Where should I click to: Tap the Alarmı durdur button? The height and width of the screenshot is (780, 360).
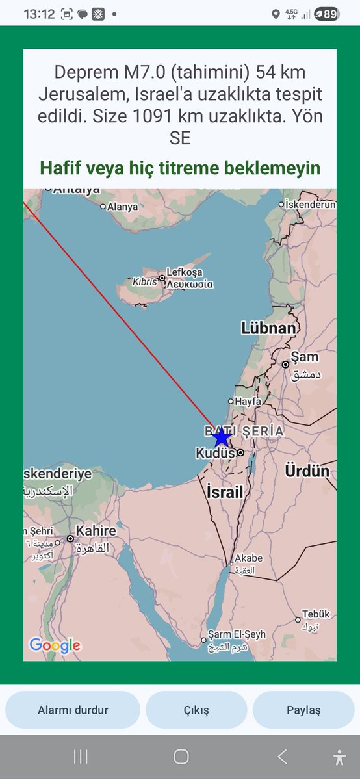(x=73, y=710)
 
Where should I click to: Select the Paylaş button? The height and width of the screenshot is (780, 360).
(x=303, y=710)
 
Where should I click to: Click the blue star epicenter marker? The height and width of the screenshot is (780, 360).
(x=221, y=437)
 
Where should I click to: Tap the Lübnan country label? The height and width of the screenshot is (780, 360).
(x=268, y=328)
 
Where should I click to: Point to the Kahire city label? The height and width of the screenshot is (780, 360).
(x=96, y=531)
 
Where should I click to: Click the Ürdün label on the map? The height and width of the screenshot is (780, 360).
(x=307, y=471)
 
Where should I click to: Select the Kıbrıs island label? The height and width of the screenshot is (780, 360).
(x=144, y=283)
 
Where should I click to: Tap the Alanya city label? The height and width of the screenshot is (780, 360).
(x=123, y=207)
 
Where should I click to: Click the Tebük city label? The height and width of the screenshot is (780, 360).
(x=316, y=614)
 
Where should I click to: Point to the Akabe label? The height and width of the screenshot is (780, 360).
(x=248, y=558)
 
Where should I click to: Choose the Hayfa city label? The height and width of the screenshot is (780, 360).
(x=248, y=402)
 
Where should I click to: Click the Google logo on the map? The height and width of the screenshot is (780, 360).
(x=55, y=645)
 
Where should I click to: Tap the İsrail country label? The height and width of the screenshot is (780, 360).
(x=224, y=491)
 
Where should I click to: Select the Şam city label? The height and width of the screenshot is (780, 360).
(x=304, y=357)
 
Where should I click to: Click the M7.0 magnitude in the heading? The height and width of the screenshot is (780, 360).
(x=131, y=72)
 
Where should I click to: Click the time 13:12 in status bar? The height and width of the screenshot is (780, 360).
(x=39, y=14)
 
